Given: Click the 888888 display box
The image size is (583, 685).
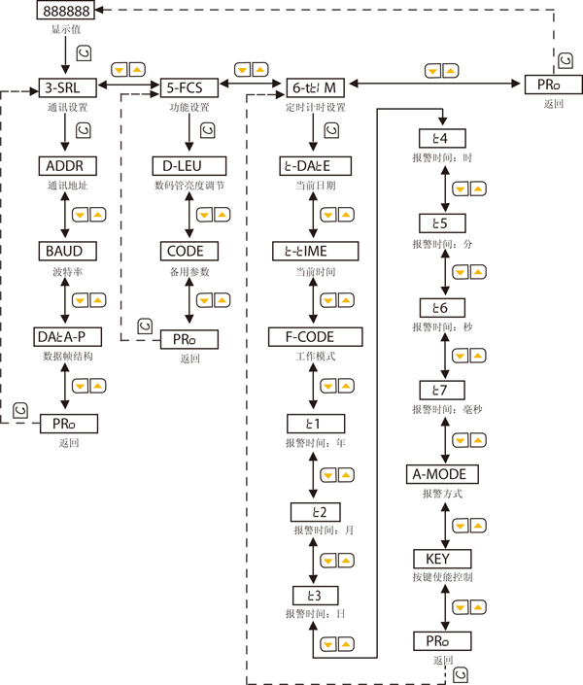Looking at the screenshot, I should (66, 12).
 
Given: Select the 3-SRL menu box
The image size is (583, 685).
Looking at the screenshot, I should (65, 85).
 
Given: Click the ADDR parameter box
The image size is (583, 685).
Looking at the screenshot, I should (65, 163).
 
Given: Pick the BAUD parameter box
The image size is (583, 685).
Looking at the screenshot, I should (65, 251).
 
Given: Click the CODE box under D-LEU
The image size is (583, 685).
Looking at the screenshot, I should (189, 251).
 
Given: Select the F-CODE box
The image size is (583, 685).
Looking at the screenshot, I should (315, 336).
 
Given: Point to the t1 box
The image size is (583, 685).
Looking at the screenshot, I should (314, 423).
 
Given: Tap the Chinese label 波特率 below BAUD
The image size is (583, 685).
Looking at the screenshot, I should (65, 273).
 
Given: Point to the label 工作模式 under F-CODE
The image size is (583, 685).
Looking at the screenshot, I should (314, 357).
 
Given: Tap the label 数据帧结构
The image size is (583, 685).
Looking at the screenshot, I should (65, 359).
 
